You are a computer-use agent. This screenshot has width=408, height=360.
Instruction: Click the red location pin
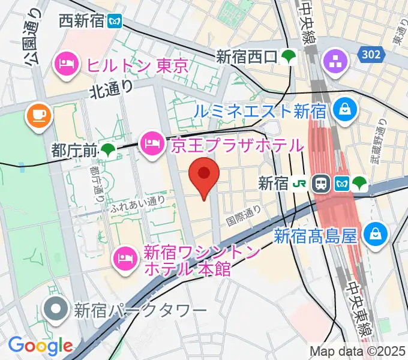(204, 175)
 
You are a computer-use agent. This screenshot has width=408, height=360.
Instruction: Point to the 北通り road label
(112, 89)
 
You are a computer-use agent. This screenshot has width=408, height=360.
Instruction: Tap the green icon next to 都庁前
(108, 149)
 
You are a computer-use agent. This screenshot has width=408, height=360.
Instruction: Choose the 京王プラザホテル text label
(238, 145)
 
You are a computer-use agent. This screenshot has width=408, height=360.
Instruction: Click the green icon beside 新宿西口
(291, 57)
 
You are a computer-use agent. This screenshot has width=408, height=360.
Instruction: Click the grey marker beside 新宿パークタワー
(57, 309)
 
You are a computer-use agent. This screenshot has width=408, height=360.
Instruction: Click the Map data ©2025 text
(356, 351)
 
